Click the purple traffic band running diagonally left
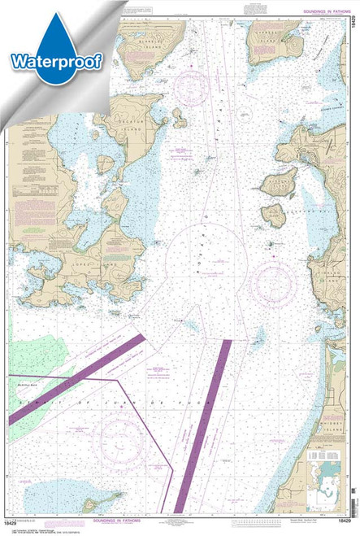[77, 378]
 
